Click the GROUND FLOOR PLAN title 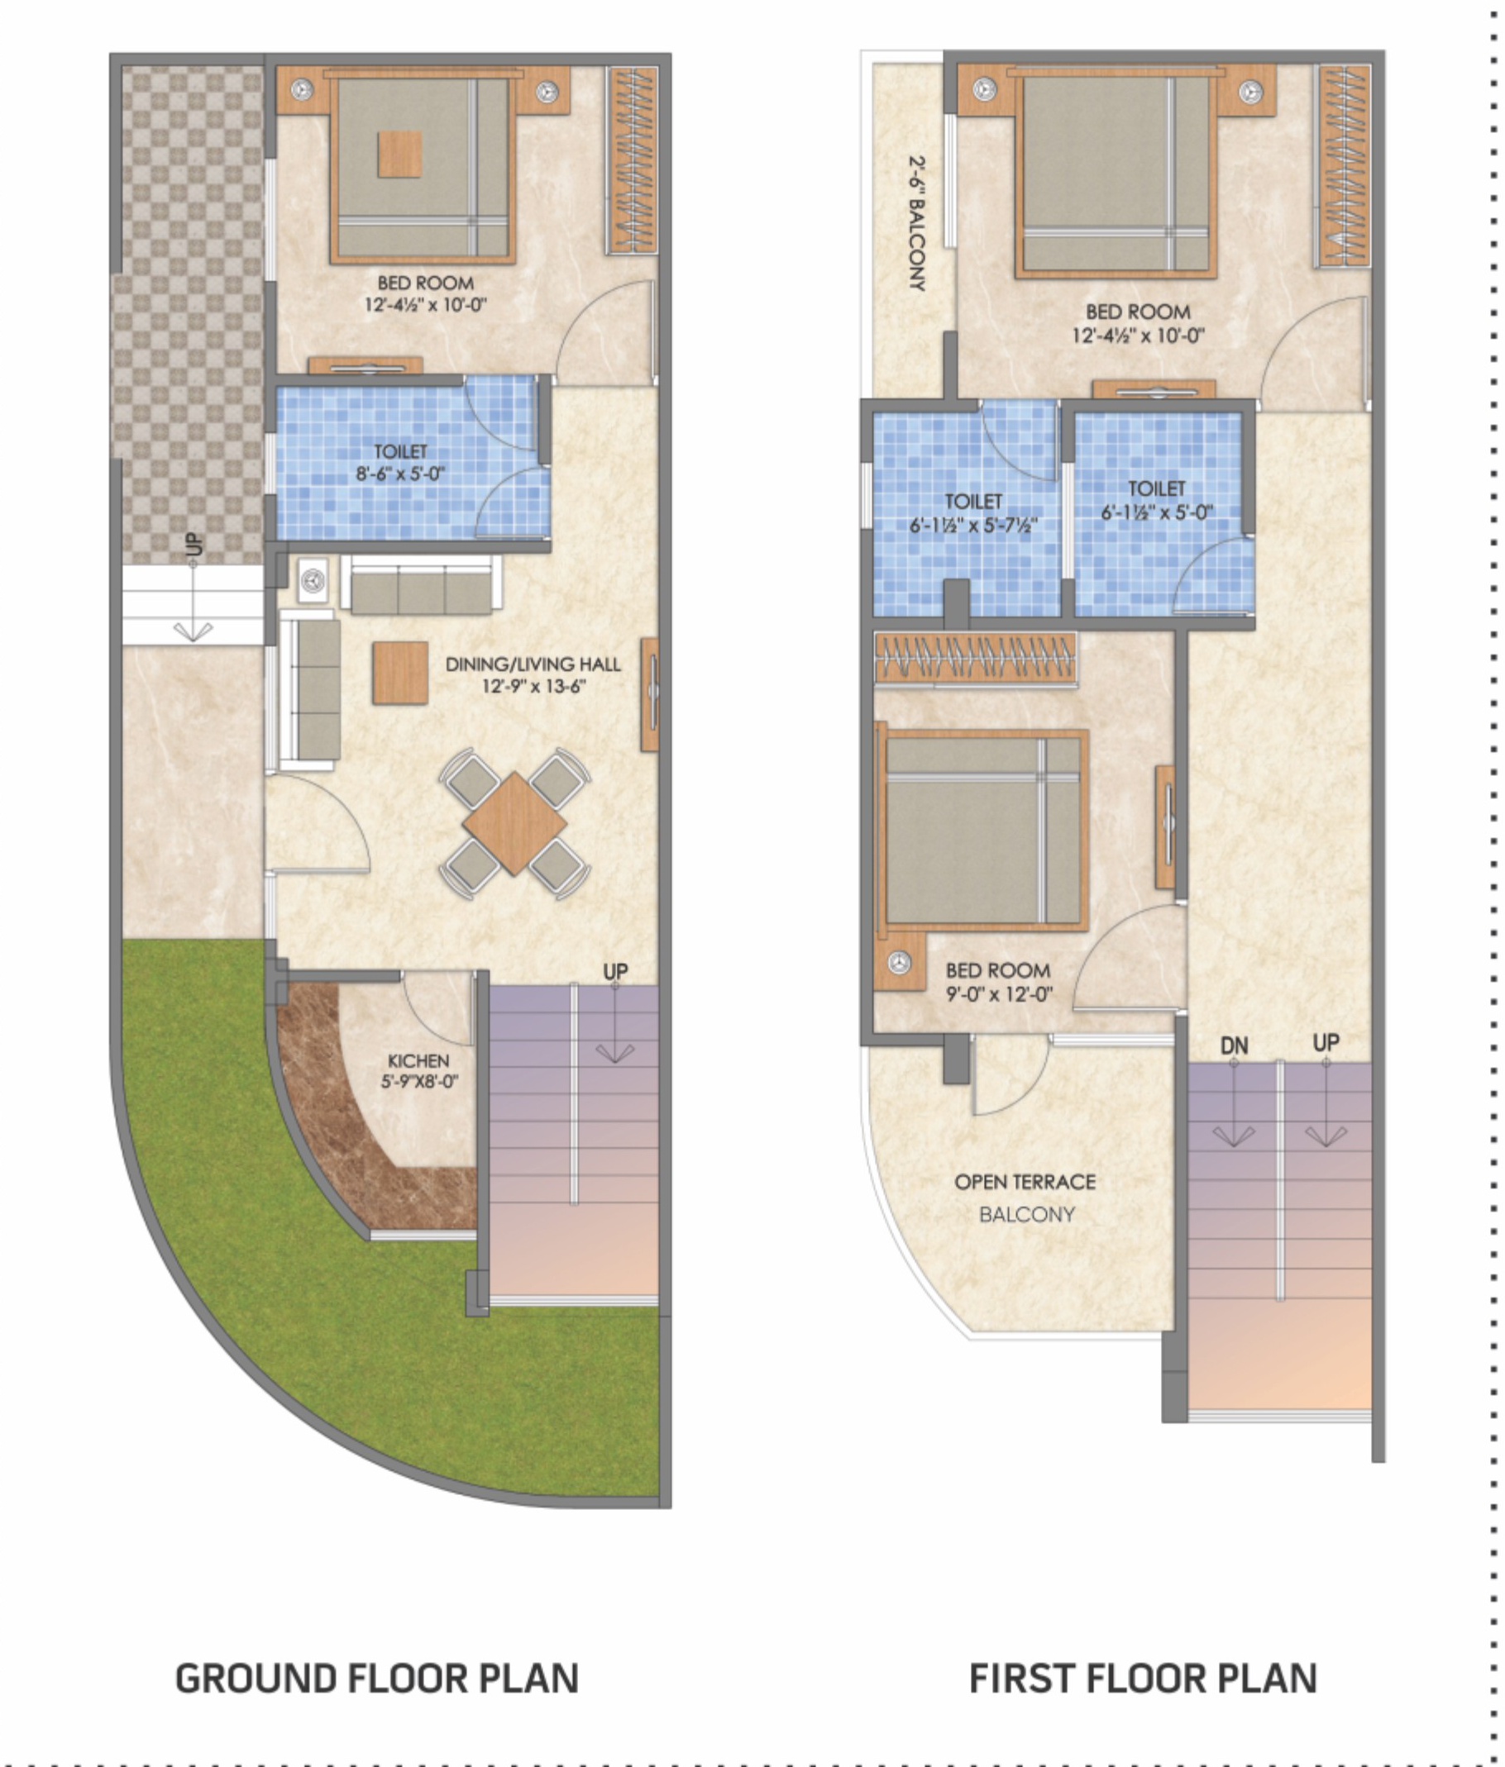[x=376, y=1679]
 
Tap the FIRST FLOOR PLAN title [x=1143, y=1679]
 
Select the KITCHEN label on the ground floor [x=418, y=1061]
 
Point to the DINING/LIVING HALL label [x=533, y=664]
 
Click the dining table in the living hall [x=514, y=824]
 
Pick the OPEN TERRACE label [x=1025, y=1182]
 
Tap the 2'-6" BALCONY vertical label [x=917, y=222]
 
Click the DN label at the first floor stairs [x=1234, y=1045]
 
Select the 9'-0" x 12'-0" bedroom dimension [x=999, y=993]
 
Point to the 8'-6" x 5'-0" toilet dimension [x=400, y=474]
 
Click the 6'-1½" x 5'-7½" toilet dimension [x=972, y=526]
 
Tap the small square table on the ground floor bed [x=399, y=155]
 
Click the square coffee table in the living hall [x=400, y=673]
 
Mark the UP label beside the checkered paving [x=193, y=544]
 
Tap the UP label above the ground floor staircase [x=615, y=971]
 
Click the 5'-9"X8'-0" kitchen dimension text [x=419, y=1082]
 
